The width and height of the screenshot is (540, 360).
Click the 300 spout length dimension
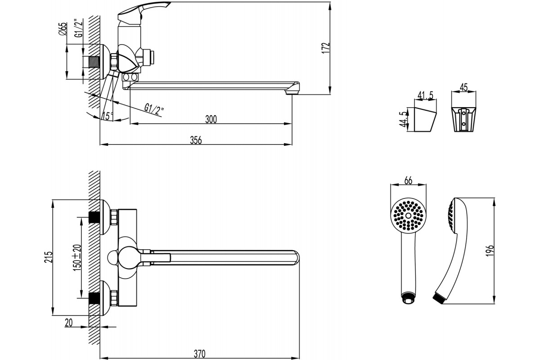[x=211, y=119]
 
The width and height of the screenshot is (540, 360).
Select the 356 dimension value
[x=196, y=140]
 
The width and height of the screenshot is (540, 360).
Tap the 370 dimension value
[x=200, y=354]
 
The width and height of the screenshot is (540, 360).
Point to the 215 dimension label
[x=49, y=257]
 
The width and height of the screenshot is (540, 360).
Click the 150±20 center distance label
[x=77, y=257]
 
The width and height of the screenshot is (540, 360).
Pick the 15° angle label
[x=108, y=116]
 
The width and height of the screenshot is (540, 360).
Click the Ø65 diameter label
[x=62, y=29]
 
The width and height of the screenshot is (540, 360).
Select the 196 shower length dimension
[x=490, y=251]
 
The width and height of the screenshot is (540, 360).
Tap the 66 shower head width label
[x=408, y=180]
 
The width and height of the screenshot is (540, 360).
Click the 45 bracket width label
[x=463, y=87]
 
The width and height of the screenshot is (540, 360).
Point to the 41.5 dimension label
[x=425, y=95]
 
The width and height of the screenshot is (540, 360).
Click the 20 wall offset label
[x=68, y=323]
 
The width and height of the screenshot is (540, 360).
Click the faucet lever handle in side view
[x=144, y=11]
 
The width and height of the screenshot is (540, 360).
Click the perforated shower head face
[x=408, y=215]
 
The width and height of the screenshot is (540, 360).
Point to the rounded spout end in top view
[x=296, y=258]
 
